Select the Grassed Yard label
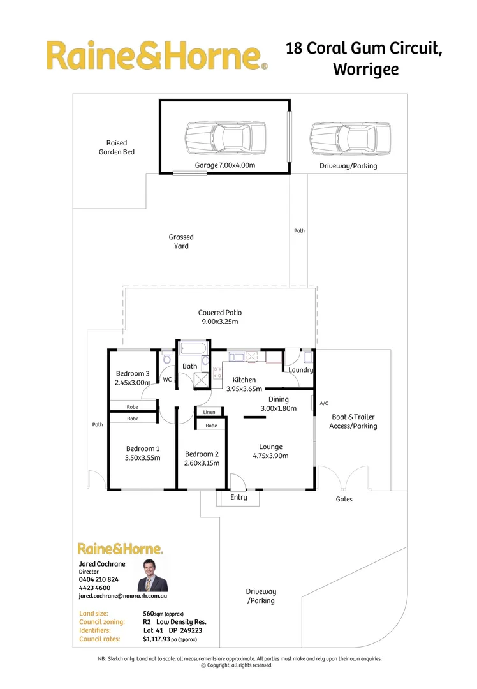[x=181, y=241]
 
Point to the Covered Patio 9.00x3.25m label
[x=219, y=317]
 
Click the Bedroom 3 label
[x=132, y=378]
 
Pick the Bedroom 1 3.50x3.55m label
[x=143, y=453]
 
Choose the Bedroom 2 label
[x=202, y=458]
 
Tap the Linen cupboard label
[x=210, y=413]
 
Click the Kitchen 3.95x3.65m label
[x=244, y=384]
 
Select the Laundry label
[x=300, y=370]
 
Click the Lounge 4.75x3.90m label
[x=270, y=451]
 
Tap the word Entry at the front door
[x=238, y=498]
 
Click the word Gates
[x=344, y=499]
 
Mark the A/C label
[x=323, y=403]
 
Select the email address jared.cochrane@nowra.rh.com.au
[x=122, y=596]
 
